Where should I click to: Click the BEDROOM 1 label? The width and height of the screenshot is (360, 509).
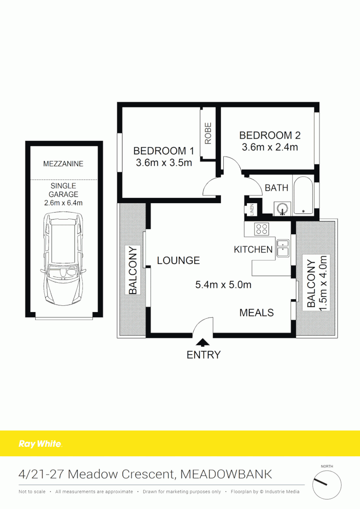click(x=163, y=151)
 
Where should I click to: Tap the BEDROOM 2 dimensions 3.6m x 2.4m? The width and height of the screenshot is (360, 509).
click(x=270, y=147)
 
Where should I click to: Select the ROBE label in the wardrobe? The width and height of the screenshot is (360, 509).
click(x=208, y=133)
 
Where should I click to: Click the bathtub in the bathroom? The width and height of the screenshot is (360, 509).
click(x=303, y=195)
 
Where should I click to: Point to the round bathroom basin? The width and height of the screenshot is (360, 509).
click(x=282, y=208)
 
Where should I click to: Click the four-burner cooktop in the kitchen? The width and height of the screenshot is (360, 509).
click(x=262, y=230)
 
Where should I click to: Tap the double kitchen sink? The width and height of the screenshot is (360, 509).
click(x=283, y=248)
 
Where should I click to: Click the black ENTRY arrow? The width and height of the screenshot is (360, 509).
click(x=203, y=343)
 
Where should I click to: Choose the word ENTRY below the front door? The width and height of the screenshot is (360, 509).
click(x=204, y=355)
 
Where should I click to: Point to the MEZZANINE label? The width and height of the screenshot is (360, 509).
click(x=63, y=164)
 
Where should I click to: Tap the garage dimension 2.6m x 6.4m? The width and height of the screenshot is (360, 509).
click(x=64, y=203)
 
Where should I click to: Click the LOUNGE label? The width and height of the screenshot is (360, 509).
click(x=178, y=260)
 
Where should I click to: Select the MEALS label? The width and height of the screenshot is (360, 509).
click(x=256, y=312)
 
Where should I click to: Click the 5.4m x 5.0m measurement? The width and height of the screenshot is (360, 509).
click(x=223, y=285)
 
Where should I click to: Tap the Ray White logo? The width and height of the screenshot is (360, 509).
click(x=40, y=443)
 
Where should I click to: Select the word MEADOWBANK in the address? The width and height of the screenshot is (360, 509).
click(x=226, y=474)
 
